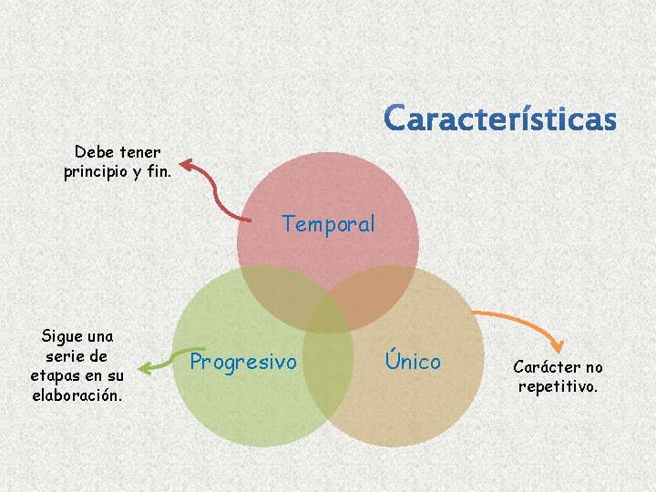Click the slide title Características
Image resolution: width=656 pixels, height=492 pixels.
click(x=499, y=119)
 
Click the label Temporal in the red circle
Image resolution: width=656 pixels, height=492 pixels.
click(x=328, y=224)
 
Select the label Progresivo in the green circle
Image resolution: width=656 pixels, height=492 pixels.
click(x=243, y=363)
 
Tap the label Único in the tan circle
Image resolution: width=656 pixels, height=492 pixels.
click(x=412, y=361)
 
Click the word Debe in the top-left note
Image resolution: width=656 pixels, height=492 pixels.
click(x=92, y=152)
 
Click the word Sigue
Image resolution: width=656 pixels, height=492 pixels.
click(x=64, y=336)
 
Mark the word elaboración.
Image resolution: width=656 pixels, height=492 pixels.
click(x=77, y=395)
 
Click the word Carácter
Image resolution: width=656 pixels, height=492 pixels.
click(x=546, y=367)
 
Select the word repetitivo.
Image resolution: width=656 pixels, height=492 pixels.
click(x=558, y=386)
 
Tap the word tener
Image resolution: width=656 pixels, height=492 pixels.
click(x=139, y=152)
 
